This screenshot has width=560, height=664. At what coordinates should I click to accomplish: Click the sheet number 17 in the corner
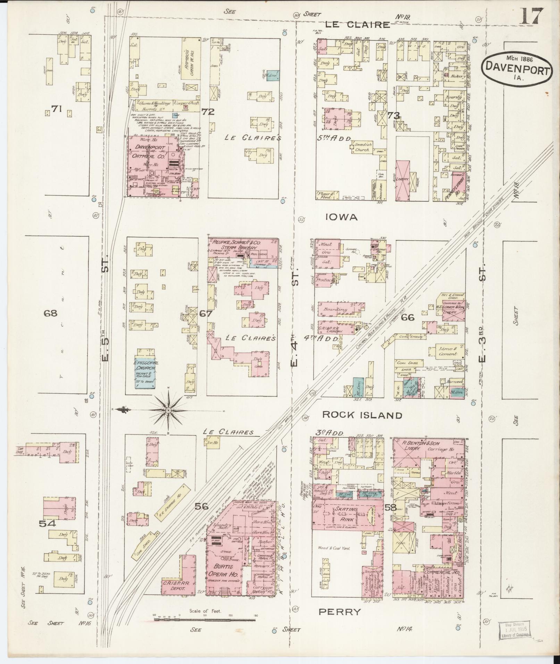(x=531, y=16)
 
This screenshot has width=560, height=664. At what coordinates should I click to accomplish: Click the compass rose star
(x=169, y=411)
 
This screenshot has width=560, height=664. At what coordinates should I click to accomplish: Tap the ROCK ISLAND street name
(x=362, y=415)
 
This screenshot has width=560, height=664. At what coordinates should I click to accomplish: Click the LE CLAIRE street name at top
(x=358, y=25)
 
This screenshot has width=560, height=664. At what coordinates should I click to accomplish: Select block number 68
(x=50, y=313)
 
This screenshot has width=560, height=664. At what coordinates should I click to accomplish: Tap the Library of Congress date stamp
(x=515, y=630)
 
